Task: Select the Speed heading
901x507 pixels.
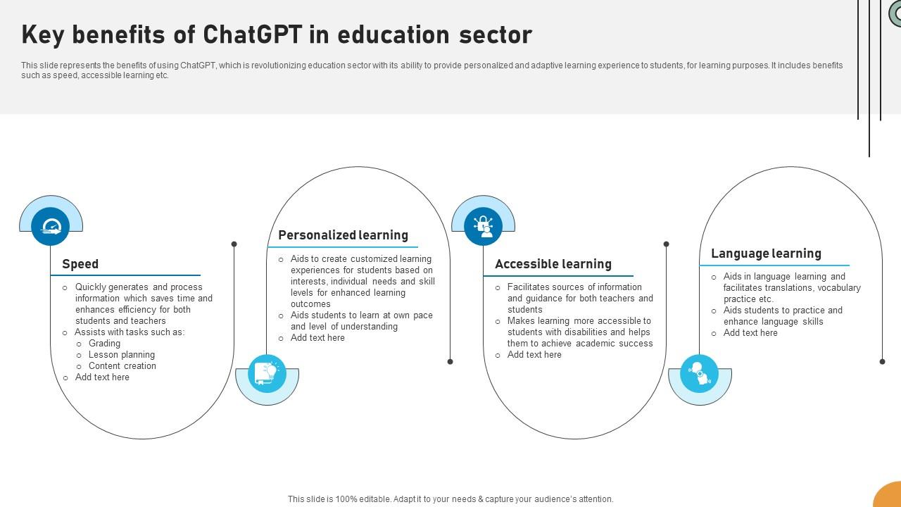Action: [80, 264]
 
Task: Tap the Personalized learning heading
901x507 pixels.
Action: [343, 235]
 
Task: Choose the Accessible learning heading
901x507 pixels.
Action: [553, 264]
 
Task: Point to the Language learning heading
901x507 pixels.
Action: [766, 254]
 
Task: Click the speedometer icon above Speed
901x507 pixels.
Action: [51, 227]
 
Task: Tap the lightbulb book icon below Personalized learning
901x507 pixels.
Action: [267, 373]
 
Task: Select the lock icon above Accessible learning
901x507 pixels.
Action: [483, 227]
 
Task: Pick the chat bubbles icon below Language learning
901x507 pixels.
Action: [699, 373]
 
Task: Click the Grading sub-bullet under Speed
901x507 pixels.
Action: [104, 344]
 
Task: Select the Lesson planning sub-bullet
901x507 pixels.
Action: [121, 355]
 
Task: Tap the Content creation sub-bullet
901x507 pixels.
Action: [122, 366]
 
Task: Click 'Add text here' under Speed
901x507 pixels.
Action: [102, 377]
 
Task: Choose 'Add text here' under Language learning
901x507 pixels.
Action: [750, 333]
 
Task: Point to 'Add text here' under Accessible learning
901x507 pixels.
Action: [534, 355]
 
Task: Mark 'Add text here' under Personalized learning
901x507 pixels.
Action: [317, 338]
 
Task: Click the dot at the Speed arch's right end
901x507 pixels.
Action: [234, 244]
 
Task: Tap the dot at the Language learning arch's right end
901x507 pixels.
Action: [882, 361]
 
